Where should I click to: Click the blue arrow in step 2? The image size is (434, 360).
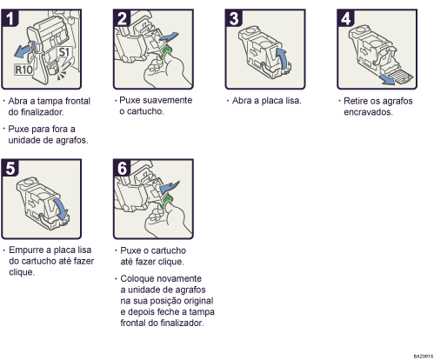173,34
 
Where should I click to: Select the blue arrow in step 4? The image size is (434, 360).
397,77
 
